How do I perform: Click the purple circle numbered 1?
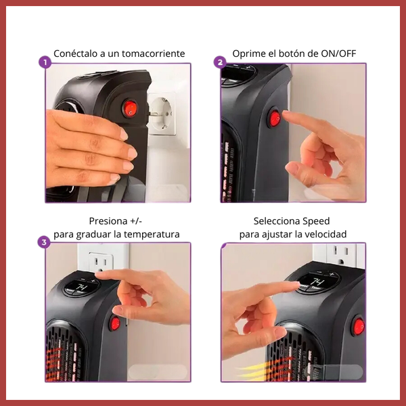pos(45,62)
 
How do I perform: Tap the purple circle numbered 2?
pos(220,62)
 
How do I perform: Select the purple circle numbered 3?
pos(44,242)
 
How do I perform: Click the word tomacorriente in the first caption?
pos(154,53)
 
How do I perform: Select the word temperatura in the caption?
pos(152,234)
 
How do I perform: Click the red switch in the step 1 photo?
pos(130,108)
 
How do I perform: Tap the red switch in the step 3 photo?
pos(115,323)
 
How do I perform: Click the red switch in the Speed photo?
pos(359,326)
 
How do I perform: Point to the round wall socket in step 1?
pos(160,114)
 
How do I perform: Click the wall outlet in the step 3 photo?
pos(101,262)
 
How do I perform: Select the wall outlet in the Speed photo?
pos(342,254)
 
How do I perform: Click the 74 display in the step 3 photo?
pos(82,287)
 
